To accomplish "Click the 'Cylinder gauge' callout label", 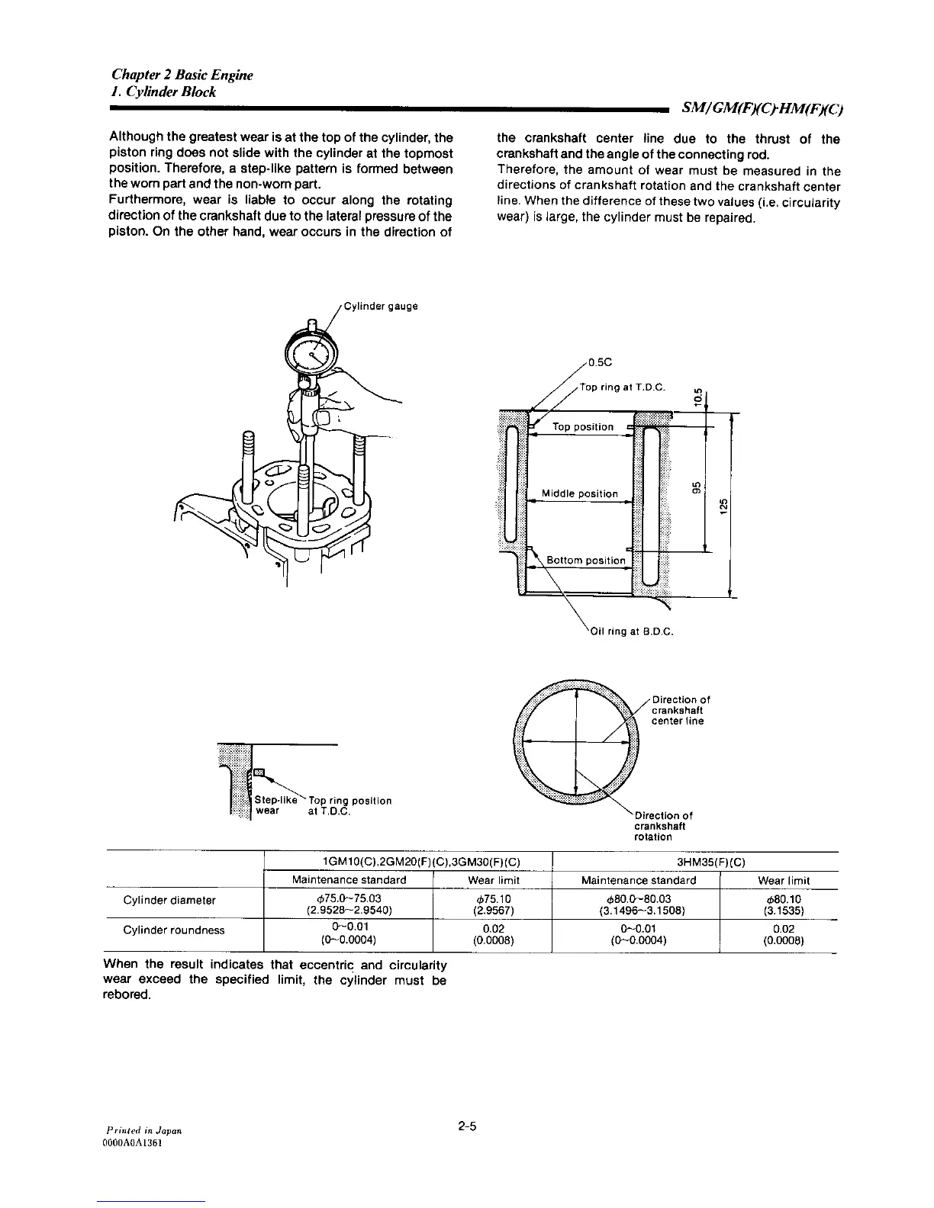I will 381,307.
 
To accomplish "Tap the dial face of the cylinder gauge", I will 312,354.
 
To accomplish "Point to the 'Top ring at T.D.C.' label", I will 623,387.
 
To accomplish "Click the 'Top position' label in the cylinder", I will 582,427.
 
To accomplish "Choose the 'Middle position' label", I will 579,493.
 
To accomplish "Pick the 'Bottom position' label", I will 585,561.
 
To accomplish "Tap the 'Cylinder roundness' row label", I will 174,930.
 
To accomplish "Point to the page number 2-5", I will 467,1126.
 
